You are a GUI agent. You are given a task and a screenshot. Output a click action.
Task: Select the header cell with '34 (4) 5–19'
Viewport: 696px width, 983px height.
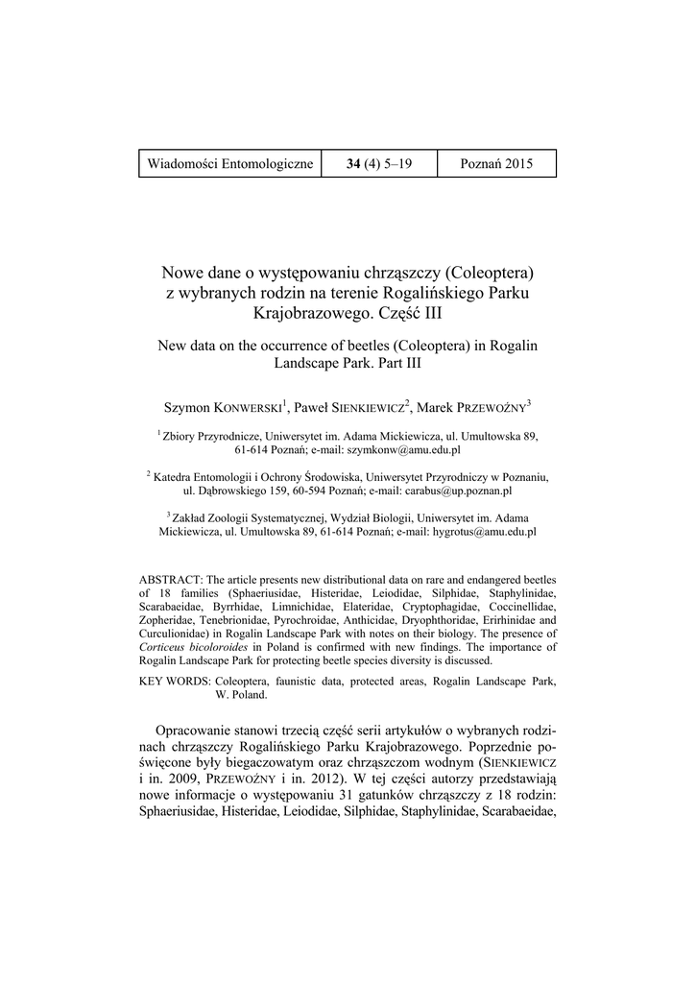click(379, 164)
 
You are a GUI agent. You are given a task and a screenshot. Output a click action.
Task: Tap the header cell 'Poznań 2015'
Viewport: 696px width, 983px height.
click(495, 164)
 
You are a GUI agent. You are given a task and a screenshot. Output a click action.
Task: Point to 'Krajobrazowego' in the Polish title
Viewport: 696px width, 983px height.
click(307, 313)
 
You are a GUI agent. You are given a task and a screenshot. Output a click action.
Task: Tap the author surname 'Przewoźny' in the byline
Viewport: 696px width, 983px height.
click(491, 408)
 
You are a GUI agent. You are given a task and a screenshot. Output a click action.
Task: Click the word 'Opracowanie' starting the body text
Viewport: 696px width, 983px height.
click(199, 731)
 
